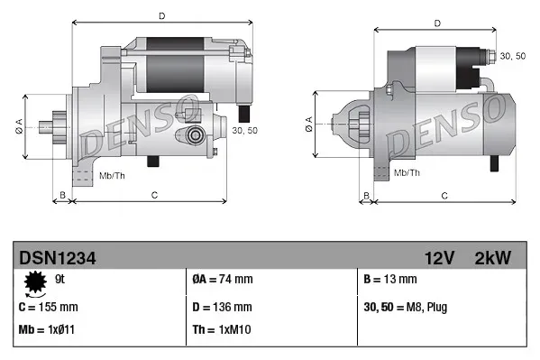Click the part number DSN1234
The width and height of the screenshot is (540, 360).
click(58, 258)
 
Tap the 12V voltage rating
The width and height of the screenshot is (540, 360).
click(437, 258)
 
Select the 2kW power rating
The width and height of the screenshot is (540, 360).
click(493, 258)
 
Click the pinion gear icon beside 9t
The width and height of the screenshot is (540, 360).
click(36, 282)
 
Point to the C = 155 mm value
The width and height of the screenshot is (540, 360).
click(49, 306)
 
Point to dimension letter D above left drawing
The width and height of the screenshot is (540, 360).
click(160, 16)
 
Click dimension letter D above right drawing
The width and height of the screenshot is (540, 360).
click(436, 23)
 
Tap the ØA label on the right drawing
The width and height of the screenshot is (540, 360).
click(308, 128)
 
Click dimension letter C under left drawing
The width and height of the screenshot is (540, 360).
click(154, 195)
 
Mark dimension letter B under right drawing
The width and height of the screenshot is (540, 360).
click(366, 195)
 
